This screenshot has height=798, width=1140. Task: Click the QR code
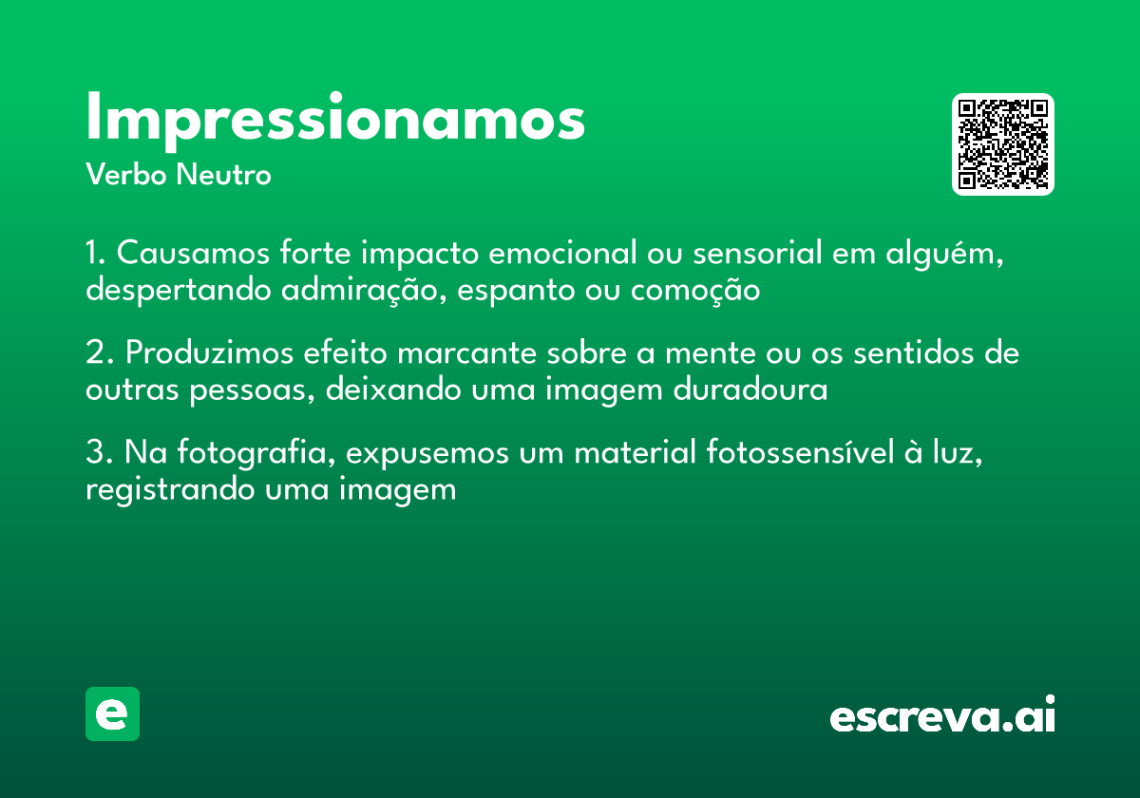point(1003,144)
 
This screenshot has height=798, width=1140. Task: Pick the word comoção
point(695,290)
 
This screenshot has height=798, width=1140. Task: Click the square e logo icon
point(112,713)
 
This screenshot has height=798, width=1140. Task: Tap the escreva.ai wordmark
point(942,715)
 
